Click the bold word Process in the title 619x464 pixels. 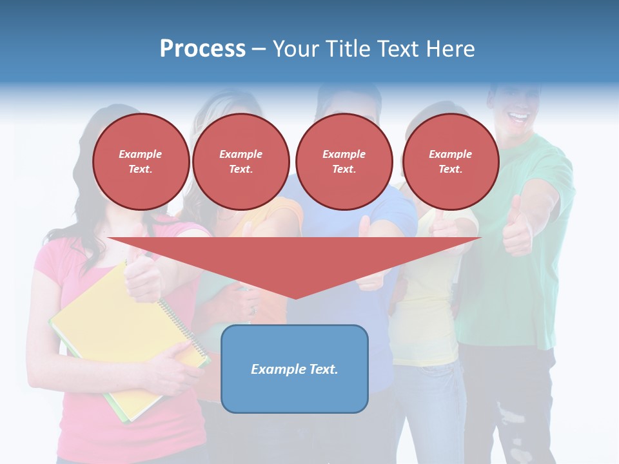pyautogui.click(x=202, y=49)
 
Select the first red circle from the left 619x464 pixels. pyautogui.click(x=141, y=161)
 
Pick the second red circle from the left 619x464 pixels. pyautogui.click(x=241, y=161)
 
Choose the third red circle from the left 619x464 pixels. pyautogui.click(x=344, y=161)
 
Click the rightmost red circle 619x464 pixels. pyautogui.click(x=451, y=161)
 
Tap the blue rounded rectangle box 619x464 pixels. pyautogui.click(x=295, y=369)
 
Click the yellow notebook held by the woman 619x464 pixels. pyautogui.click(x=123, y=335)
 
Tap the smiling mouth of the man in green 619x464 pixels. pyautogui.click(x=518, y=118)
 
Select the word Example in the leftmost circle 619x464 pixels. pyautogui.click(x=141, y=154)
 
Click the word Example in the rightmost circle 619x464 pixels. pyautogui.click(x=451, y=154)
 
